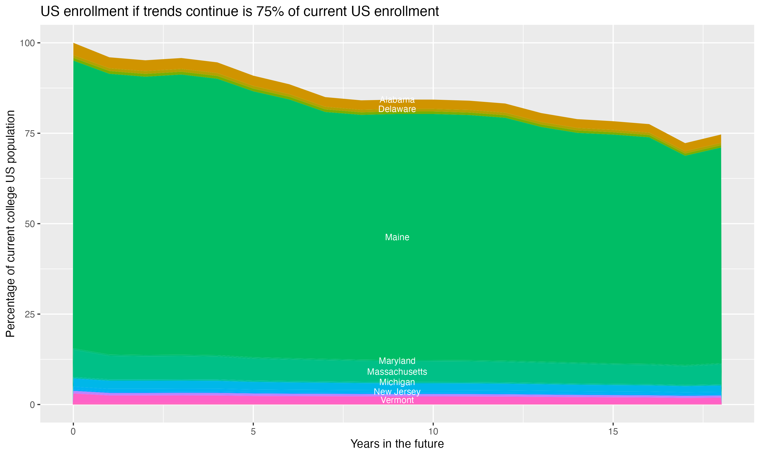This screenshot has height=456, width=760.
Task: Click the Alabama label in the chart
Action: (x=397, y=100)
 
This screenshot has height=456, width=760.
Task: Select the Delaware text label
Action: (x=397, y=109)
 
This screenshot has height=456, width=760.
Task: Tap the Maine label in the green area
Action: (x=397, y=237)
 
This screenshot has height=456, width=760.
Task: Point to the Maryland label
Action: (x=397, y=361)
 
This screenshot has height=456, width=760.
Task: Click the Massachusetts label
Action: (x=397, y=372)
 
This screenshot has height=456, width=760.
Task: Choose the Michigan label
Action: (x=397, y=382)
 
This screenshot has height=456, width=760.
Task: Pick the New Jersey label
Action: (x=397, y=392)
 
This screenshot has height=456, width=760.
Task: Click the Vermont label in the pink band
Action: (x=397, y=400)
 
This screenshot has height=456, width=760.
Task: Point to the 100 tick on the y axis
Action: (x=27, y=43)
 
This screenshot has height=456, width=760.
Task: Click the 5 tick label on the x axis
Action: (x=253, y=432)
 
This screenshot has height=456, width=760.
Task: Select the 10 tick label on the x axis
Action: (x=433, y=432)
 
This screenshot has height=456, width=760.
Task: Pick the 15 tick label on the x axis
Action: (x=613, y=432)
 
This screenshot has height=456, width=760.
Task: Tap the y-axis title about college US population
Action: (x=10, y=224)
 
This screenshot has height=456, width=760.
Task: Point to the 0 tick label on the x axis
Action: (x=73, y=432)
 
